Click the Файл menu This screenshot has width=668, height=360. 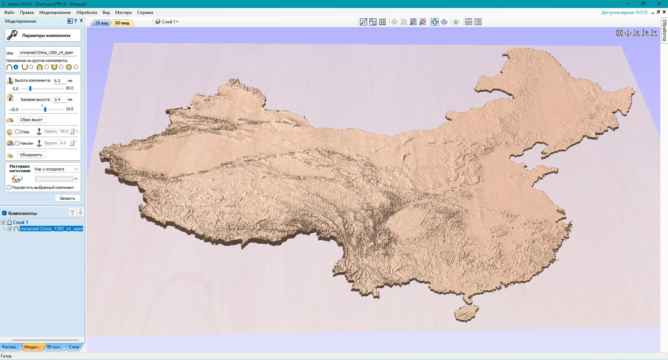9,13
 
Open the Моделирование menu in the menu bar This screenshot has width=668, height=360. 55,13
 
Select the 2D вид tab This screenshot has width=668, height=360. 101,23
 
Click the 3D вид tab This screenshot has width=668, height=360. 122,23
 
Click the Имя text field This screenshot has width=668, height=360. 47,53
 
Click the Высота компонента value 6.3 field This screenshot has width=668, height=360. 59,81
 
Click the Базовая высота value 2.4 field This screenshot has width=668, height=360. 59,99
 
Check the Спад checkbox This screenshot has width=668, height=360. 17,132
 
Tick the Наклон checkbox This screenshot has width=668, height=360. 17,143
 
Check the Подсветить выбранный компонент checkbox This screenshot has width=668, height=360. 9,187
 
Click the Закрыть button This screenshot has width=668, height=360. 67,198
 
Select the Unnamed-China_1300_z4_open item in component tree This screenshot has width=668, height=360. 51,229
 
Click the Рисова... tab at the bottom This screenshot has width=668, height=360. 10,347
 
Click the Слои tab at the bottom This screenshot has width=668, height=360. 74,347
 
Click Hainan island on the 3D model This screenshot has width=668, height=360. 466,313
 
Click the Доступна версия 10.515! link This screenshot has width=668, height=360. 624,13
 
